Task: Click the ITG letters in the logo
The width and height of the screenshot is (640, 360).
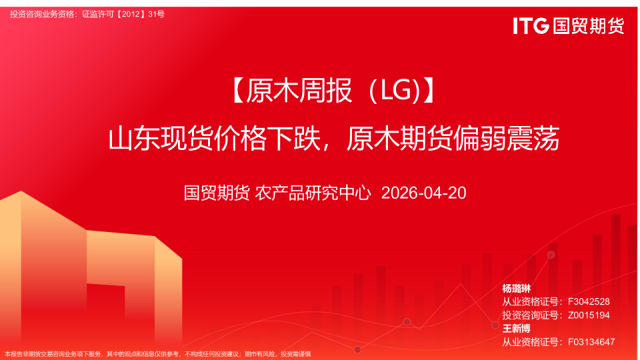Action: pos(531,26)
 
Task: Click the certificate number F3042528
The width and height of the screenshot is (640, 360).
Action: pos(589,302)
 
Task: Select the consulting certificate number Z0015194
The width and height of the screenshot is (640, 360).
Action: pos(589,315)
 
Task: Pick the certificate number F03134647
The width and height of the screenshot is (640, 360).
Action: pos(591,342)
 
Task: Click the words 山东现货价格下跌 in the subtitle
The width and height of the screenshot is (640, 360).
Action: pos(217,139)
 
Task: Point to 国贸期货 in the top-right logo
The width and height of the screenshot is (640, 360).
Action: pos(589,26)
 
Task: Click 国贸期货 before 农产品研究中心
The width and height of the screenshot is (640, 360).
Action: pos(217,193)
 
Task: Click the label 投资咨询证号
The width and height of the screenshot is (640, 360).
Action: pos(532,315)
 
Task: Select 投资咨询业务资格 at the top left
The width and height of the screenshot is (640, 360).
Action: pos(42,14)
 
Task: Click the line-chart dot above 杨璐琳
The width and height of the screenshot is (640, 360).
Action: pos(551,255)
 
